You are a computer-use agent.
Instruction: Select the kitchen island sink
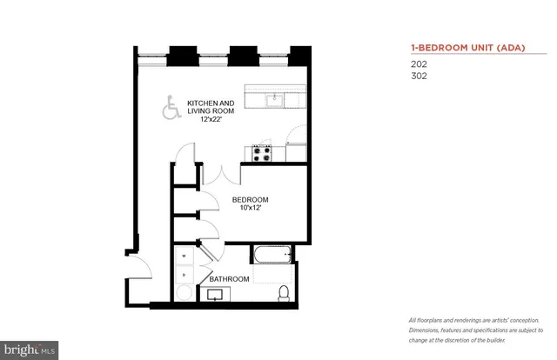273,98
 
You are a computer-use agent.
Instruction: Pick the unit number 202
419,63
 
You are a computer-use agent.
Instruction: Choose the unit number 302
419,75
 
